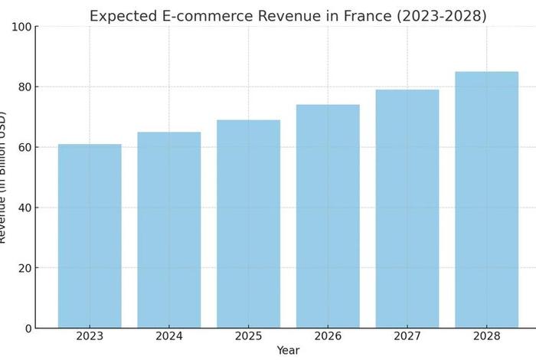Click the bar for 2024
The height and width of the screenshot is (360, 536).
pos(169,230)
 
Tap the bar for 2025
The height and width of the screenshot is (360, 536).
pos(248,224)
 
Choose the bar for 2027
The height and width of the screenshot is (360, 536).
pos(407,208)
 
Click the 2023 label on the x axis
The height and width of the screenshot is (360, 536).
pos(90,336)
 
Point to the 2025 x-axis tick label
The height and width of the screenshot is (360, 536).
pos(248,336)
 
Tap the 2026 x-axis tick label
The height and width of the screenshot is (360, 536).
pos(328,336)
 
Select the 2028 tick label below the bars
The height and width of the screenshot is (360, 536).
pos(486,336)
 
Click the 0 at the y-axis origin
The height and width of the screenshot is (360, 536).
pos(27,329)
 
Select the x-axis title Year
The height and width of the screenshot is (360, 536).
pos(288,350)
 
